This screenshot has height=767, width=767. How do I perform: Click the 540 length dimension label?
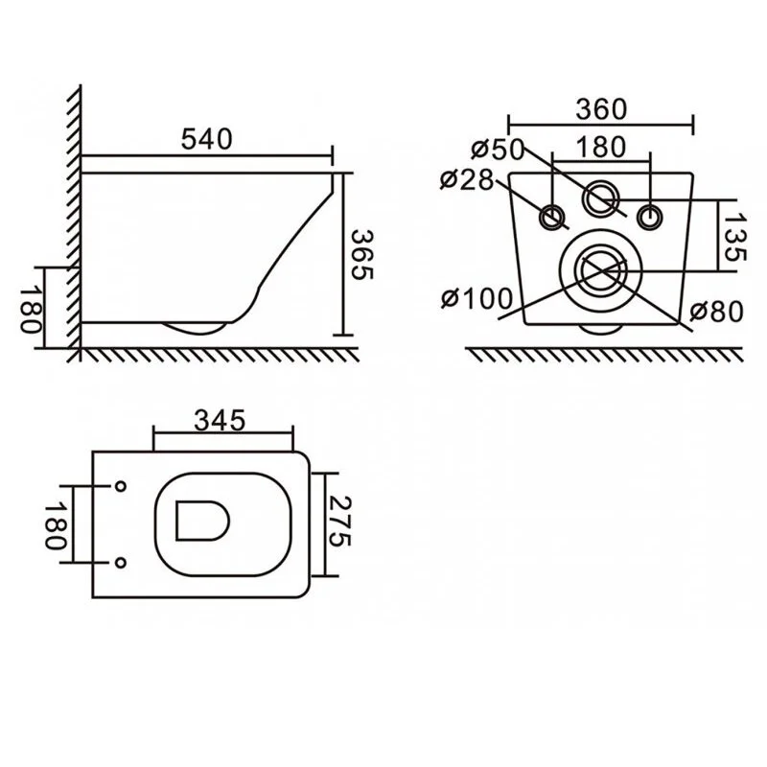click(x=206, y=139)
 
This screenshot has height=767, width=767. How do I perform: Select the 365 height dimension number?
click(x=362, y=255)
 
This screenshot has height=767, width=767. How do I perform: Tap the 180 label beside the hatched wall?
click(x=30, y=310)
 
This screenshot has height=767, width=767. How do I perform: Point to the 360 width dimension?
click(x=601, y=109)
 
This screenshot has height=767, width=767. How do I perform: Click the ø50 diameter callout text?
click(x=498, y=150)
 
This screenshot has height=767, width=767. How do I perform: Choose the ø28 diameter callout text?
click(x=467, y=179)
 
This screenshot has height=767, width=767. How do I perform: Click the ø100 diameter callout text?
click(x=476, y=298)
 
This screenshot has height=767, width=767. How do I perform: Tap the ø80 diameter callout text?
click(x=716, y=312)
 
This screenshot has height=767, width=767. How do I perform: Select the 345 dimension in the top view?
click(x=220, y=421)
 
